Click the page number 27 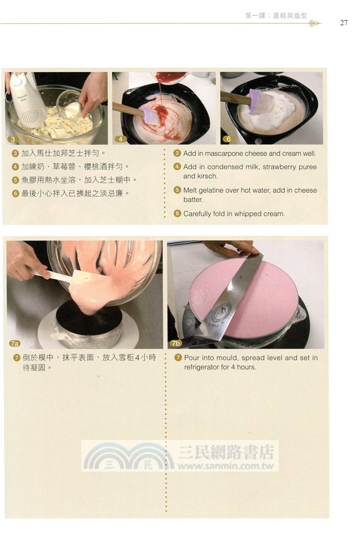click(344, 23)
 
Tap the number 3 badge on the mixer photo click(12, 139)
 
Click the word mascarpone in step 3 click(226, 153)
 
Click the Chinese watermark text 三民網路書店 click(226, 452)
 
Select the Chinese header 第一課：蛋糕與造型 click(276, 16)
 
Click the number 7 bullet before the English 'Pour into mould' click(177, 358)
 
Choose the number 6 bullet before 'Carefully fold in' click(177, 214)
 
